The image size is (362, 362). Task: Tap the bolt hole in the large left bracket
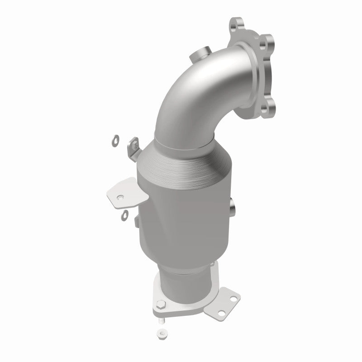(120, 197)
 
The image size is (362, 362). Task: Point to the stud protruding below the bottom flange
(162, 320)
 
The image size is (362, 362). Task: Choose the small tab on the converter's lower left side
(136, 221)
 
